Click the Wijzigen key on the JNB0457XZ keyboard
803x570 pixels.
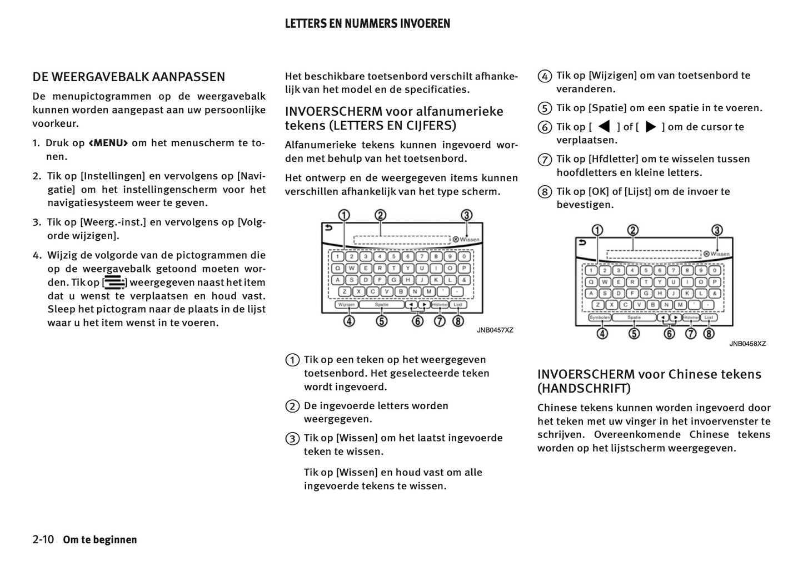click(x=347, y=305)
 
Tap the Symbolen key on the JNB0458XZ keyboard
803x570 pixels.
click(x=600, y=318)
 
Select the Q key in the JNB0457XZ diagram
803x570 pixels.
click(x=337, y=268)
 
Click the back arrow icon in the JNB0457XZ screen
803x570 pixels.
click(x=328, y=227)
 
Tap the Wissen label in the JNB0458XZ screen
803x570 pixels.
click(x=720, y=254)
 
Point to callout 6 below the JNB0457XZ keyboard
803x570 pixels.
click(x=418, y=321)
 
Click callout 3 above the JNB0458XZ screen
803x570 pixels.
click(x=717, y=230)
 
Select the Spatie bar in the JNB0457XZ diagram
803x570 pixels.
click(x=381, y=305)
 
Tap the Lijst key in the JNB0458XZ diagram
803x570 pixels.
click(x=709, y=318)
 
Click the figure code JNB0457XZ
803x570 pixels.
click(x=495, y=330)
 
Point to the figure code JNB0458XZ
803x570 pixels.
click(x=747, y=344)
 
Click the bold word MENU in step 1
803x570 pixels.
click(x=108, y=143)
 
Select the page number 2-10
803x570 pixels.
click(x=43, y=539)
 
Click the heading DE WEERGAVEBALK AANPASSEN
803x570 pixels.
click(x=128, y=77)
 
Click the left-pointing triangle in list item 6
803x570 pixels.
click(x=604, y=127)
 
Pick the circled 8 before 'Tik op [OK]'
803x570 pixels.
click(x=545, y=192)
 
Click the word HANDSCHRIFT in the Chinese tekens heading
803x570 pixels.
click(x=584, y=388)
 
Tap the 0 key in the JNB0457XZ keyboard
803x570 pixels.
click(x=464, y=257)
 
